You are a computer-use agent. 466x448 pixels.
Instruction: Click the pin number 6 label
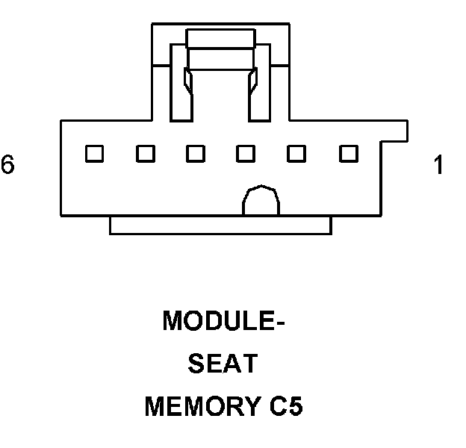click(7, 165)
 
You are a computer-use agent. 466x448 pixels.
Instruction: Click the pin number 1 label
click(438, 165)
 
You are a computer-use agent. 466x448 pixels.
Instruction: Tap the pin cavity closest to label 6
click(94, 154)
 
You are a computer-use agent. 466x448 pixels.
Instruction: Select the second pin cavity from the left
click(145, 154)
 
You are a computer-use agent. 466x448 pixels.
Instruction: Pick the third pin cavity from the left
click(196, 154)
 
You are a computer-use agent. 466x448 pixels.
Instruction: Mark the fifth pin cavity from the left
click(297, 154)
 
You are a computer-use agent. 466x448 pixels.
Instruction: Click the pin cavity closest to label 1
click(348, 154)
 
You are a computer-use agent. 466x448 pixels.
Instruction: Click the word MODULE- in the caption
click(224, 322)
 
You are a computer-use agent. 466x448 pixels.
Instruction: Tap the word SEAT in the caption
click(223, 365)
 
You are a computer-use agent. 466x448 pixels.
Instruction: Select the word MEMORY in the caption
click(199, 408)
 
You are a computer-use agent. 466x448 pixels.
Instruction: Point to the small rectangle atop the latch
click(221, 40)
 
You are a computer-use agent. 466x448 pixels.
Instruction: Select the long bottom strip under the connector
click(220, 225)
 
